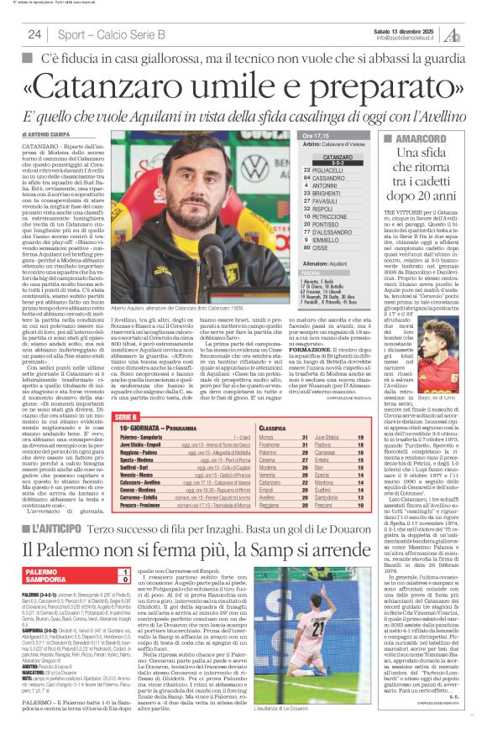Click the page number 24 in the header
click(34, 34)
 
